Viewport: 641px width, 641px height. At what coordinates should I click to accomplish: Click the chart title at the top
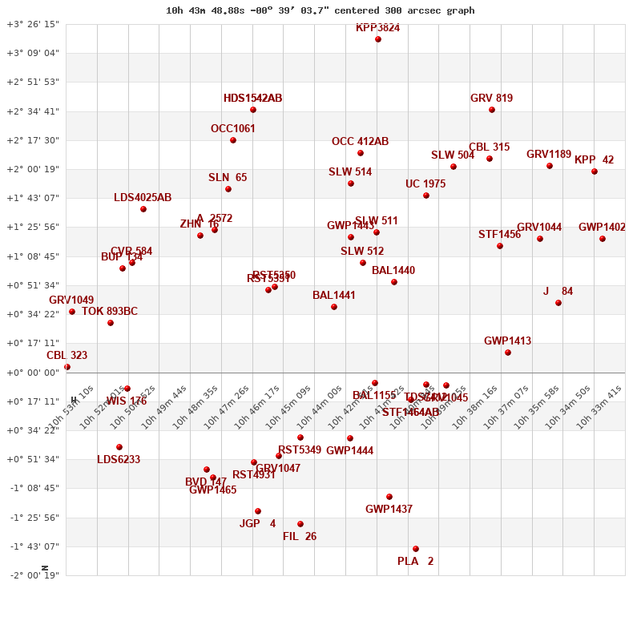(x=320, y=10)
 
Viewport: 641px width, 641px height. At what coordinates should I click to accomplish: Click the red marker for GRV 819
(x=492, y=110)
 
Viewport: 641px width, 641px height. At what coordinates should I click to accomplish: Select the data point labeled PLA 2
(x=416, y=549)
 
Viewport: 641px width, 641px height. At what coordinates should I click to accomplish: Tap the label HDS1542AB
(x=252, y=99)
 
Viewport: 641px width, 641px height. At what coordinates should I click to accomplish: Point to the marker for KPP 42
(x=595, y=171)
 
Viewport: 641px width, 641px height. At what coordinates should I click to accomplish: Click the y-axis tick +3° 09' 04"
(x=33, y=53)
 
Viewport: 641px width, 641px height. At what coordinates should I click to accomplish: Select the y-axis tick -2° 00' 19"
(x=33, y=575)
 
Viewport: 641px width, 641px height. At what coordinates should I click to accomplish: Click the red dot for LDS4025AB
(x=143, y=209)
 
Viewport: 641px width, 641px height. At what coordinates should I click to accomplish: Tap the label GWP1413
(x=507, y=341)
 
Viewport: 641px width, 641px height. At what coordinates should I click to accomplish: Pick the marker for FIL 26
(x=300, y=524)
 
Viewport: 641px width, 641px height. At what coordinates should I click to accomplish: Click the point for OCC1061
(x=233, y=140)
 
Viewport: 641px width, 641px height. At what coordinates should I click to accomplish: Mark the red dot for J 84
(x=558, y=303)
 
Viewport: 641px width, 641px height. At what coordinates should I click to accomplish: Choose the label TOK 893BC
(x=110, y=312)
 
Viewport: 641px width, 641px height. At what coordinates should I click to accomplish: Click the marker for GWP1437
(x=389, y=497)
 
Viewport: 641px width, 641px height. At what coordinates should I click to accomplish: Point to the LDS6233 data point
(x=119, y=447)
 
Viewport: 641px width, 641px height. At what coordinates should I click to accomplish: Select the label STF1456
(x=499, y=235)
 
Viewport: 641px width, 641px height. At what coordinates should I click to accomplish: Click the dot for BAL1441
(x=334, y=307)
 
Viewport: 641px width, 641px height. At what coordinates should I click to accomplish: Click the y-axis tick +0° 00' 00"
(x=33, y=373)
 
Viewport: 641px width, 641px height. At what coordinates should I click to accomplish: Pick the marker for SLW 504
(x=454, y=167)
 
